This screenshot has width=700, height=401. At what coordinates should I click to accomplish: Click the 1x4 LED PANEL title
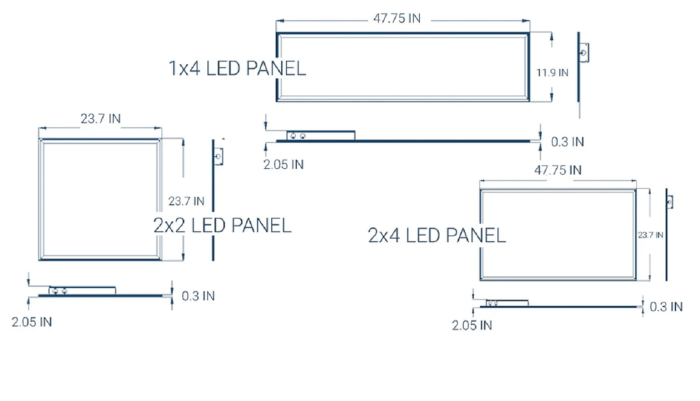point(237,68)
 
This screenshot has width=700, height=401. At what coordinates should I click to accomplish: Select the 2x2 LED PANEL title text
point(222,225)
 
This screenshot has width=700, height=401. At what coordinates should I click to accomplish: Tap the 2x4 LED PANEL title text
point(437,236)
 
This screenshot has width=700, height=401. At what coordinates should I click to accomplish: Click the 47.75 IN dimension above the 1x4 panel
point(396,18)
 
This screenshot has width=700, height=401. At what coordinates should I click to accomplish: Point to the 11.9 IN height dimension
point(552,73)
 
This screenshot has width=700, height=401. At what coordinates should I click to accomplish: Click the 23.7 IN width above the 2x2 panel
point(100,118)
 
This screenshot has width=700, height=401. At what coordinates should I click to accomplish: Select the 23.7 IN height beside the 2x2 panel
point(186,201)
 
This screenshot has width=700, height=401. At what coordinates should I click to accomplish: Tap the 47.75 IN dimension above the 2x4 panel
point(557,170)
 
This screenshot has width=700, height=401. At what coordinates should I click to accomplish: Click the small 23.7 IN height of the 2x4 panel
point(650,235)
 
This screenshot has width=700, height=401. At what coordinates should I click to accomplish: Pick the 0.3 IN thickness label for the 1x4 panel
point(567,142)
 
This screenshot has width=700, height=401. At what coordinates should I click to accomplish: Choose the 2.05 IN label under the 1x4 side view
point(283,165)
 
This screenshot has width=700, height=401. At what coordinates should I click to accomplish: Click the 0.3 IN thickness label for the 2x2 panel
point(198,296)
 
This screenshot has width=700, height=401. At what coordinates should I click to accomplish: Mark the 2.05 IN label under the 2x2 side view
point(32,322)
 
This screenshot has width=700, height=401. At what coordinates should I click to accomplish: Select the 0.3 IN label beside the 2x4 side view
point(666,307)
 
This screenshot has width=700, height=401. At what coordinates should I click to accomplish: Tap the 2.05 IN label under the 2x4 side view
point(472,325)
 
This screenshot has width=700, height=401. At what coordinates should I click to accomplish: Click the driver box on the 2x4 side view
point(507,303)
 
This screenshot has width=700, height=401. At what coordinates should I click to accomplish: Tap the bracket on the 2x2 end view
point(218,155)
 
